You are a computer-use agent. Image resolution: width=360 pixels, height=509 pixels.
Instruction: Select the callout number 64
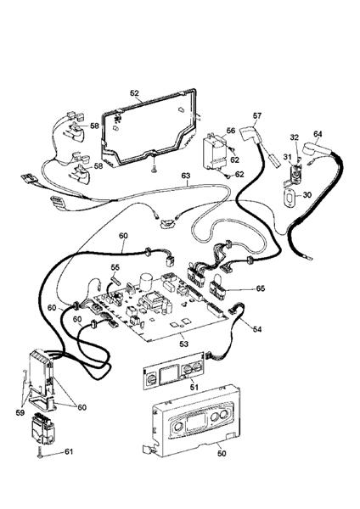(x=318, y=134)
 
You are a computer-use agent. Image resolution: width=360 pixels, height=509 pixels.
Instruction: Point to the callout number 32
(x=295, y=137)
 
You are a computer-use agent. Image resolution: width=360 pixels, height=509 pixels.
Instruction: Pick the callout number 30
(x=307, y=194)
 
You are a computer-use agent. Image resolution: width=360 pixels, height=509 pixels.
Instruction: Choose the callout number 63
(x=185, y=176)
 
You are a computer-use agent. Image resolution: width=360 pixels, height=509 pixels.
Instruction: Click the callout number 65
(x=261, y=288)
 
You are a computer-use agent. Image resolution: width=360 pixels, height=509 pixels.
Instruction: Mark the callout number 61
(x=69, y=452)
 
